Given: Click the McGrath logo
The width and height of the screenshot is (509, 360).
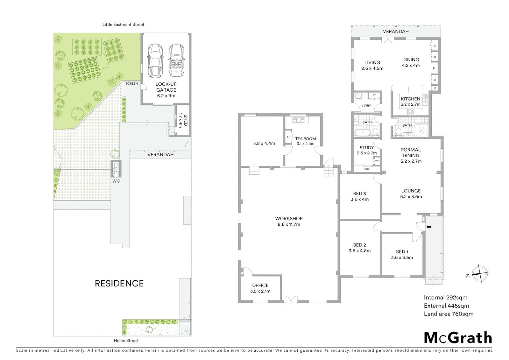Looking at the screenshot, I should pyautogui.click(x=458, y=338).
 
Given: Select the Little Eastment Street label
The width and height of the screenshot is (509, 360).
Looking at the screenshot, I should pyautogui.click(x=123, y=24).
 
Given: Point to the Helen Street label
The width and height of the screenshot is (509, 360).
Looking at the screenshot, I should pyautogui.click(x=126, y=340).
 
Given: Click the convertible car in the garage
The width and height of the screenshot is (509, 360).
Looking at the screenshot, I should pyautogui.click(x=176, y=60).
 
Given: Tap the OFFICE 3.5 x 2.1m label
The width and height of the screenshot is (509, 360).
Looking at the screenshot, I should pyautogui.click(x=260, y=288).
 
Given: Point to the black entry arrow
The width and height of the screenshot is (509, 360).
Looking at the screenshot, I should pyautogui.click(x=429, y=227).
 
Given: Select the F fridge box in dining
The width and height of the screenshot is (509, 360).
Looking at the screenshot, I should pyautogui.click(x=434, y=69).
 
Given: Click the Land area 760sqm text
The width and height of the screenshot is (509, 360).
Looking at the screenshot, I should pyautogui.click(x=448, y=314).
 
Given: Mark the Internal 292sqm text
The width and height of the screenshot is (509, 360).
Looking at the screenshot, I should pyautogui.click(x=445, y=297).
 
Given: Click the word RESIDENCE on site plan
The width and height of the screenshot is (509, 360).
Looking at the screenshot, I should pyautogui.click(x=119, y=283).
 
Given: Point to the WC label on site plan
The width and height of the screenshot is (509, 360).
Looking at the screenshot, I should pyautogui.click(x=116, y=181).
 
